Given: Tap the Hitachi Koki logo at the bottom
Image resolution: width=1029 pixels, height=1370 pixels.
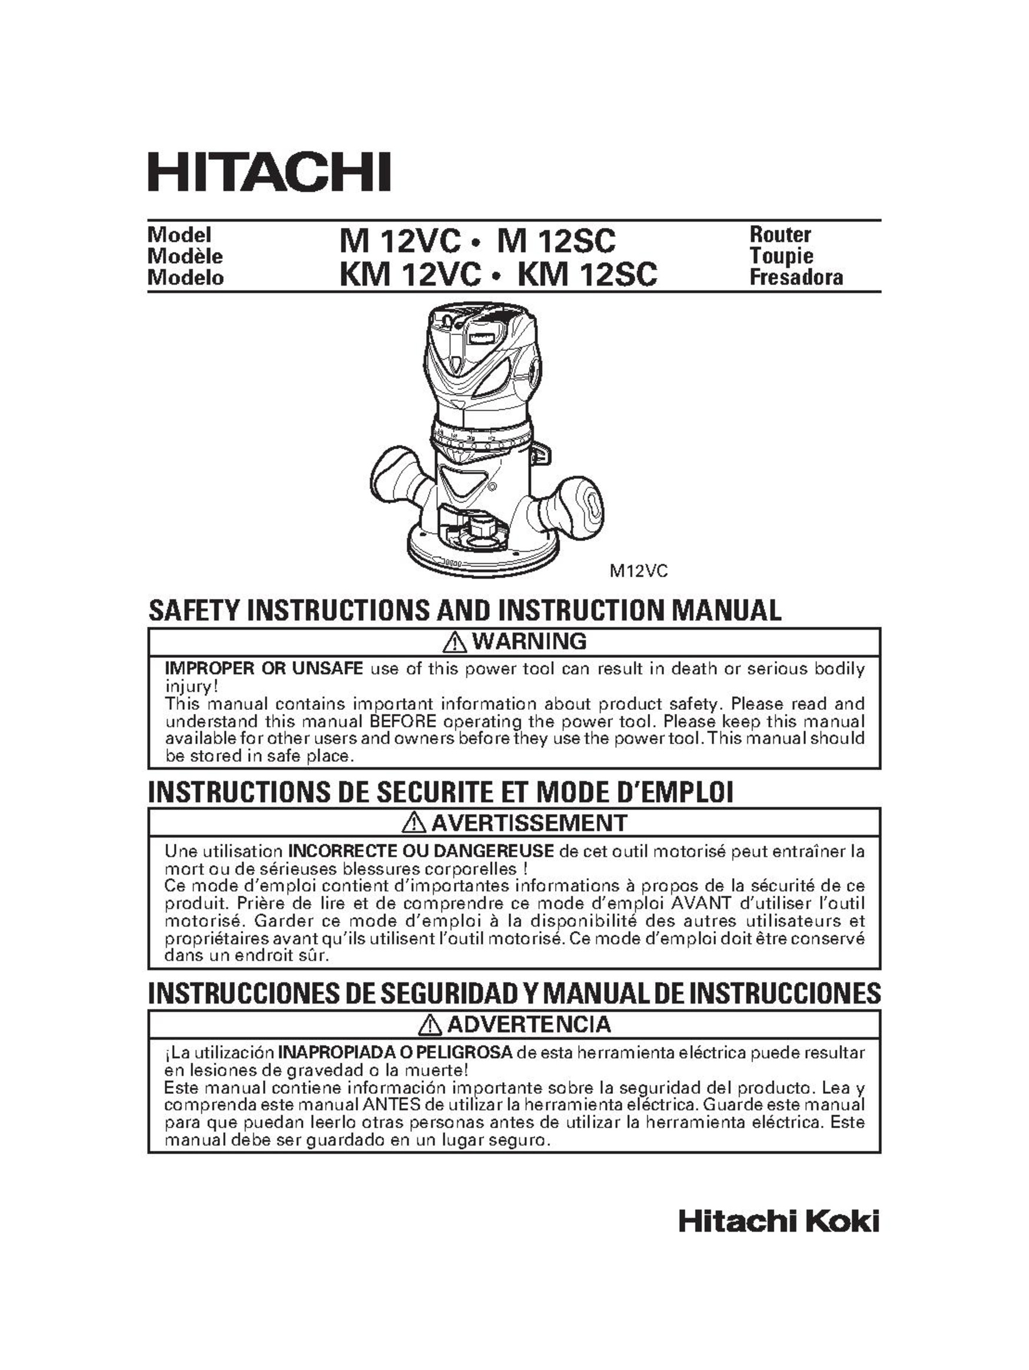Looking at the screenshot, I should pyautogui.click(x=778, y=1222).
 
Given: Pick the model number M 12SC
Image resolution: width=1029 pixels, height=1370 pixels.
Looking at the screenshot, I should pyautogui.click(x=556, y=241).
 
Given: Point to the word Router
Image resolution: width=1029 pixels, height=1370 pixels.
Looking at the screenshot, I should pyautogui.click(x=779, y=235).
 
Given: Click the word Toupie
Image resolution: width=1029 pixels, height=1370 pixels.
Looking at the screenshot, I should pyautogui.click(x=781, y=256).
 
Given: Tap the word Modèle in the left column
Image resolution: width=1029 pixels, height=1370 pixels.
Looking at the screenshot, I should pyautogui.click(x=184, y=256).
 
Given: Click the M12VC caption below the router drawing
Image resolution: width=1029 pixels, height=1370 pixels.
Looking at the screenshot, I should pyautogui.click(x=638, y=571).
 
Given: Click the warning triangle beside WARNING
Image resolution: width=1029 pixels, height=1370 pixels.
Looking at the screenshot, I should pyautogui.click(x=455, y=642).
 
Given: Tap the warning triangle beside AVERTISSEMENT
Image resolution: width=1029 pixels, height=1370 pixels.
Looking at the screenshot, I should pyautogui.click(x=413, y=823).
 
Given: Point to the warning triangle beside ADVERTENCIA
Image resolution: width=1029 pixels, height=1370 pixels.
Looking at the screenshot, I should pyautogui.click(x=430, y=1025).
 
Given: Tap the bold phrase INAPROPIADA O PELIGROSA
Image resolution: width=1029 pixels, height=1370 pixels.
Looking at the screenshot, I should pyautogui.click(x=395, y=1053).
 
